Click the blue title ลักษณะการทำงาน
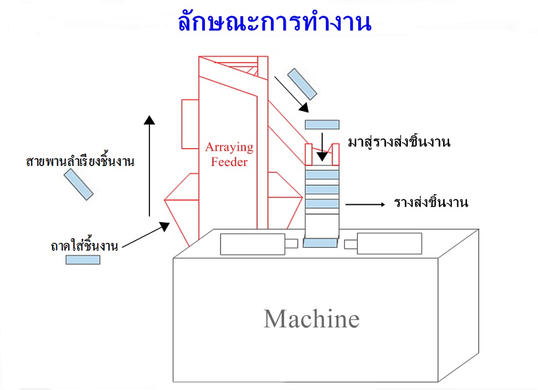pos(274,22)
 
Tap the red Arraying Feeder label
pos(230,154)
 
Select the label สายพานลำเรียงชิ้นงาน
pos(80,161)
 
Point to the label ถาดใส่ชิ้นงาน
pos(84,245)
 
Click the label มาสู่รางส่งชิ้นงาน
pos(398,143)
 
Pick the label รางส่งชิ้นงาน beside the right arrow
pos(430,202)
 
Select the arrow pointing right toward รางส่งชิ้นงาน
pos(365,204)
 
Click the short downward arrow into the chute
pos(322,146)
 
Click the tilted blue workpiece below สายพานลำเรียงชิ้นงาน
pos(79,184)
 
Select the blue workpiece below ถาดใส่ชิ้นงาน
pos(82,260)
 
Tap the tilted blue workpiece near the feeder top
pos(302,83)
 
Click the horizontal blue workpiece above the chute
pos(322,124)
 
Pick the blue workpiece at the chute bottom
pos(320,243)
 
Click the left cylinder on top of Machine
pos(252,244)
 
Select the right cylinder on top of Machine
pos(389,244)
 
